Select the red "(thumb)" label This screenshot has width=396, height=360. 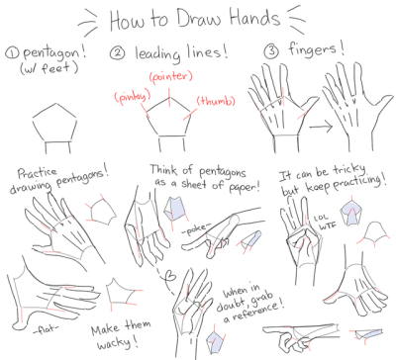(214, 101)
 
